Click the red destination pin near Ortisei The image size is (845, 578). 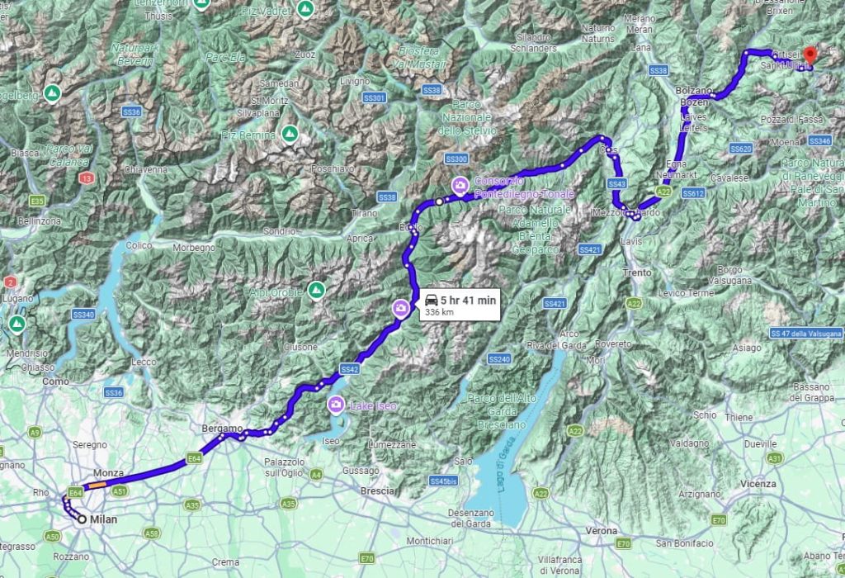(x=810, y=55)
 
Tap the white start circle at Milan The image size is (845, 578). (x=82, y=519)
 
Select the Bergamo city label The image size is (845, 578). (x=222, y=429)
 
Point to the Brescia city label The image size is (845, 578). (x=378, y=490)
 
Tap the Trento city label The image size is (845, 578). (x=638, y=272)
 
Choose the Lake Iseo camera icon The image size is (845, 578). (x=336, y=405)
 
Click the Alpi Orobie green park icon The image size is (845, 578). (x=315, y=290)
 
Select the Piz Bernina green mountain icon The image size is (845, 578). (x=289, y=134)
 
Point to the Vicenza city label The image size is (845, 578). (x=758, y=483)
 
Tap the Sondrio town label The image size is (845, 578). (x=279, y=231)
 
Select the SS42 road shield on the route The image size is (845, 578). (x=349, y=369)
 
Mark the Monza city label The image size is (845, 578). (x=108, y=473)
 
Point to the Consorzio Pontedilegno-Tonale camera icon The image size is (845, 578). (x=459, y=183)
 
